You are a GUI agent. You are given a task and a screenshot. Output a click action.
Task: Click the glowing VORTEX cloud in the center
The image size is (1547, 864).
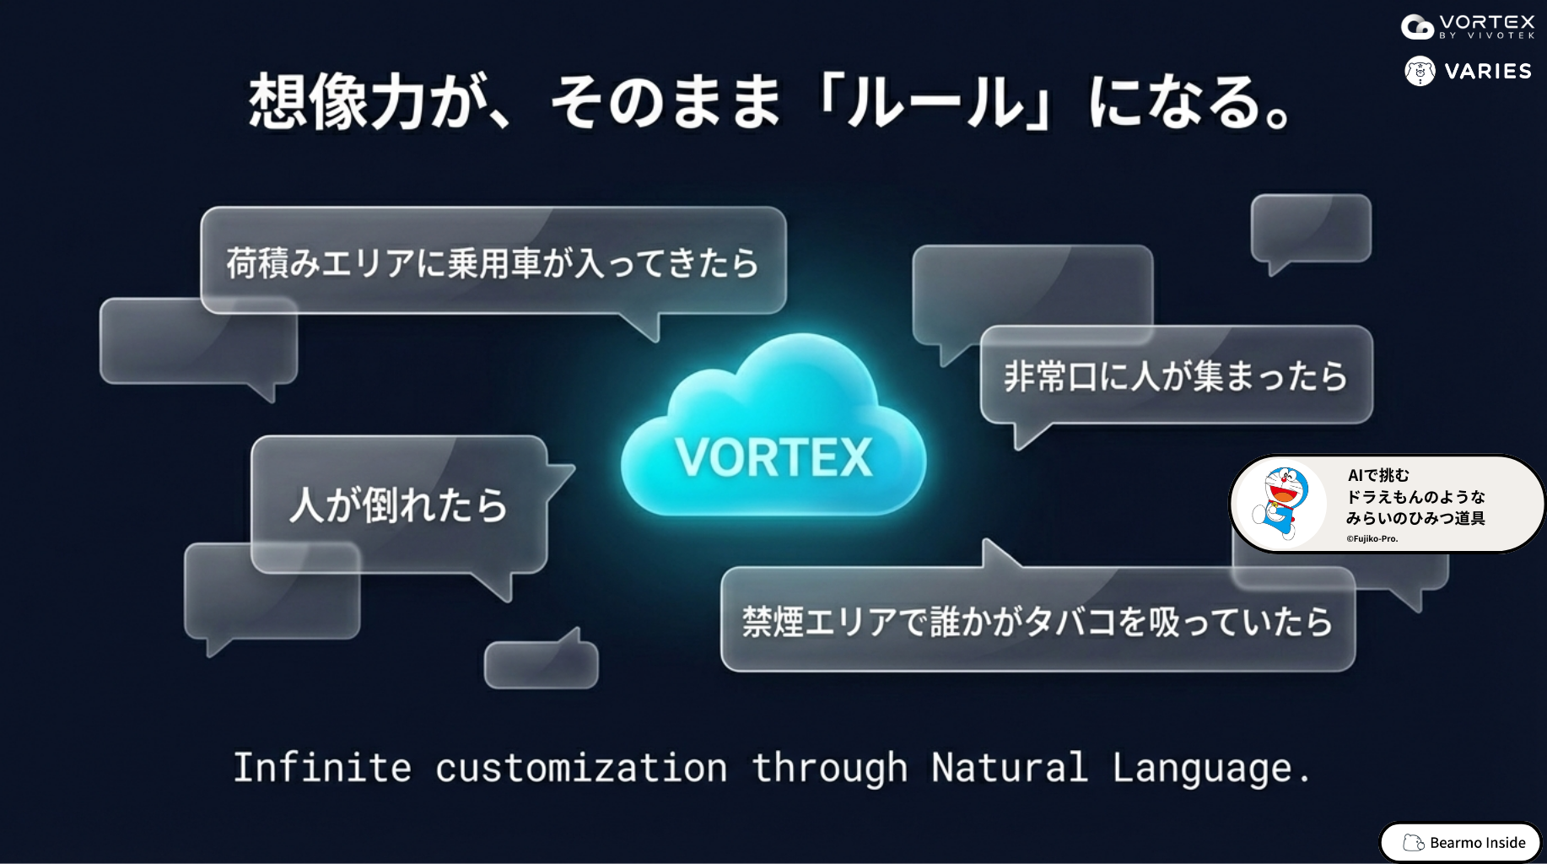[773, 430]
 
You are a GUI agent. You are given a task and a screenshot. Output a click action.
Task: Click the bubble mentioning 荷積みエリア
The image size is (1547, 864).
[493, 262]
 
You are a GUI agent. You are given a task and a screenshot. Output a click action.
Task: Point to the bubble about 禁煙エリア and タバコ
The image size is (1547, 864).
[1038, 620]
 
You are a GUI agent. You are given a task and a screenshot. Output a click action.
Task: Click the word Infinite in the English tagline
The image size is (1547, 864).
[322, 768]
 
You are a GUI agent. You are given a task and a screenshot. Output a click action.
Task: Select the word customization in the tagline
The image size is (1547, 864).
[581, 768]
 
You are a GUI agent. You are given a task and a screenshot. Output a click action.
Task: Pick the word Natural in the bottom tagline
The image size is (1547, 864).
[1010, 768]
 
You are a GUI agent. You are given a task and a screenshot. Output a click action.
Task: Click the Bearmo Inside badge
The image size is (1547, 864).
[1460, 842]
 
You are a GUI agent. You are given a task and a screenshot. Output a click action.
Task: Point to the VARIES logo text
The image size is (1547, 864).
[1488, 72]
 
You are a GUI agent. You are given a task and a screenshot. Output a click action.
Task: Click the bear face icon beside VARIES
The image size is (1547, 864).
[1420, 71]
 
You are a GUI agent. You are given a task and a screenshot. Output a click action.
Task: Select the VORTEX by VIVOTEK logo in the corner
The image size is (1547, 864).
[1468, 26]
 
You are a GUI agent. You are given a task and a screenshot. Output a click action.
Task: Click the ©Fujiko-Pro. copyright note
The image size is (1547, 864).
[1372, 538]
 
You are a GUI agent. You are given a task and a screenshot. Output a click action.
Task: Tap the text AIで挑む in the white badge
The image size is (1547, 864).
[1378, 475]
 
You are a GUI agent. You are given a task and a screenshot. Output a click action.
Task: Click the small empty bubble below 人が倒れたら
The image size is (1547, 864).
[542, 661]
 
